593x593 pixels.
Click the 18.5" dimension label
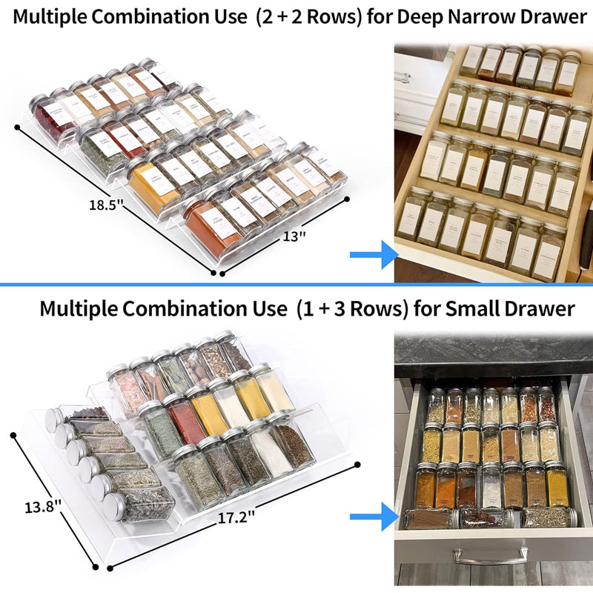click(100, 205)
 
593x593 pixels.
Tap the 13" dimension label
click(294, 236)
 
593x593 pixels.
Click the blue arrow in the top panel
click(374, 255)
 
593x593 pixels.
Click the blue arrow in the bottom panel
click(374, 517)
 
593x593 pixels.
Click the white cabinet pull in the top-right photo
click(402, 77)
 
